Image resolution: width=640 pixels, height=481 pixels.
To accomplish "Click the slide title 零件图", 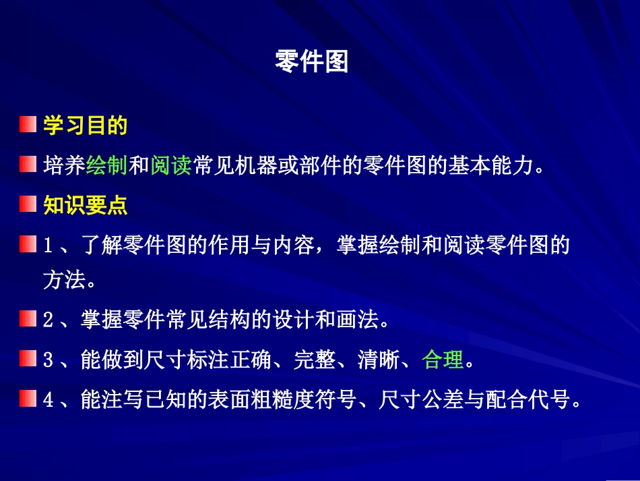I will click(312, 62).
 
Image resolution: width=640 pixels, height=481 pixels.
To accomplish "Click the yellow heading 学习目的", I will click(86, 125).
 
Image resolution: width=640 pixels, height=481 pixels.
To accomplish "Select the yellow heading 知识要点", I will click(86, 205).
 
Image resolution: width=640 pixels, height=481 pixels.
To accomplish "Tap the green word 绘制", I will click(107, 165).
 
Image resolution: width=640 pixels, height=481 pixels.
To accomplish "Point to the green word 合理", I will click(443, 360).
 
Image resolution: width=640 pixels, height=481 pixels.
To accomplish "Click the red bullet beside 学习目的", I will click(28, 125).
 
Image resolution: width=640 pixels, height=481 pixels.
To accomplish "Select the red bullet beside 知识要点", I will click(28, 204).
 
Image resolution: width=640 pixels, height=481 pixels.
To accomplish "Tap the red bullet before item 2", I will click(28, 319).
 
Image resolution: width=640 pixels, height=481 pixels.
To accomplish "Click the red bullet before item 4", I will click(28, 399).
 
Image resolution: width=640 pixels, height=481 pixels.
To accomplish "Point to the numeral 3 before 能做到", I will click(48, 361).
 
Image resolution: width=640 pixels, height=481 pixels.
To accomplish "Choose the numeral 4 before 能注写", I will click(48, 401).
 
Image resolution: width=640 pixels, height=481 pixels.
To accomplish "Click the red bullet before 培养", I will click(28, 165).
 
